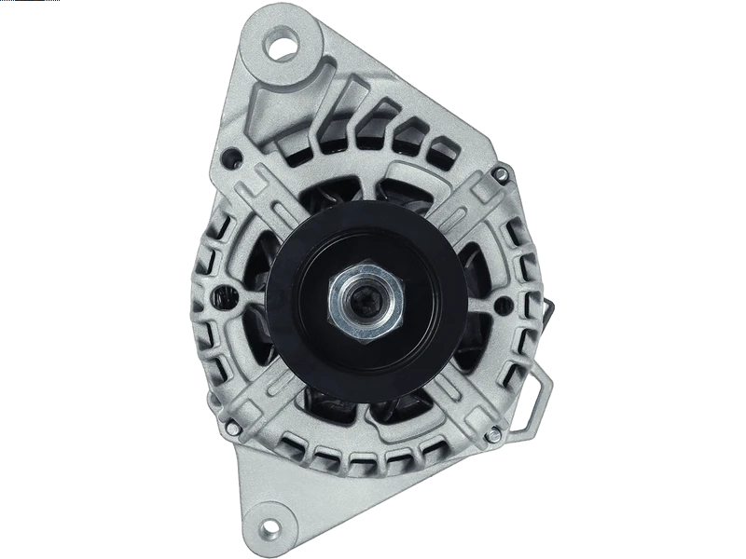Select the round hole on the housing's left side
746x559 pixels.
223,297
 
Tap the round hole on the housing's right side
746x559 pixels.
522,297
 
